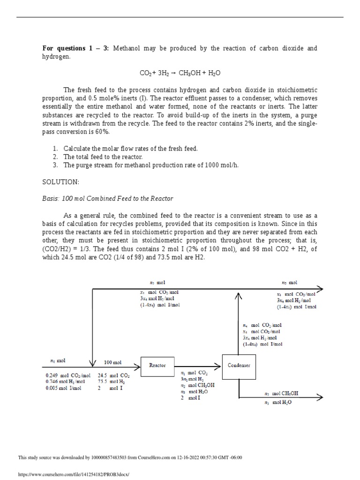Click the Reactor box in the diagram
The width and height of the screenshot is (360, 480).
tap(157, 366)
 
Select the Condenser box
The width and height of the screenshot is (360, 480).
tap(239, 366)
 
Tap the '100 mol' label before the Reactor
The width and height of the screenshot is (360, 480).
tap(112, 362)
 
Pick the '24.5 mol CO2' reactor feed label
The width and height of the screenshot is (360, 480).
tap(114, 375)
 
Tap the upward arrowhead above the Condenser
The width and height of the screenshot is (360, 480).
tap(239, 295)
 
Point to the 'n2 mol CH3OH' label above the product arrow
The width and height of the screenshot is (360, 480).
tap(281, 393)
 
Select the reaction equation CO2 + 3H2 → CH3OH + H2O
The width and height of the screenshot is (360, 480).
tap(180, 73)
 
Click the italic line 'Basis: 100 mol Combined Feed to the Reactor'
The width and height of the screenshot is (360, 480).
tap(108, 198)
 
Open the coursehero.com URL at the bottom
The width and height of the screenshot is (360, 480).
tap(73, 474)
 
